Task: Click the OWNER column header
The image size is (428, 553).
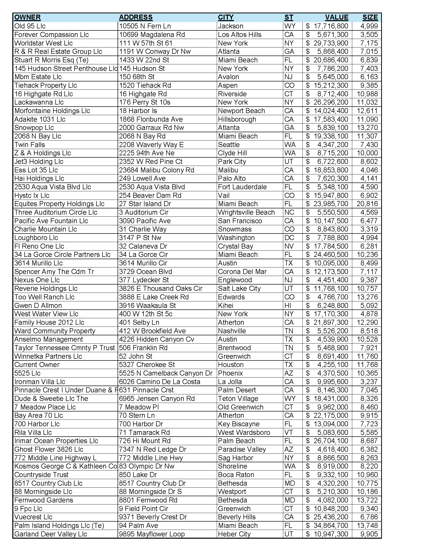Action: (x=27, y=17)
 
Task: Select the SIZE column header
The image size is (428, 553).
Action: (x=370, y=17)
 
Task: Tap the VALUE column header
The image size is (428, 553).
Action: (x=336, y=17)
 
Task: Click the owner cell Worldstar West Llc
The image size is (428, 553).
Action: (x=43, y=43)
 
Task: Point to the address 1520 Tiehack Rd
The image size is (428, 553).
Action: (x=145, y=85)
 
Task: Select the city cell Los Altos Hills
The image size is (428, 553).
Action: (x=240, y=34)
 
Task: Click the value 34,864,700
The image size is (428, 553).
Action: (x=331, y=525)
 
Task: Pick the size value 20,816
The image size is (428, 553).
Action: (x=367, y=204)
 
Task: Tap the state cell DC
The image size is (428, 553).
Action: (x=289, y=238)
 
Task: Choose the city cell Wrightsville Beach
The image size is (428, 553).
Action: (x=246, y=212)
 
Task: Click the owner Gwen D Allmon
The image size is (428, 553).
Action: (x=38, y=305)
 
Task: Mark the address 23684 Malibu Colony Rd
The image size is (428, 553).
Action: (x=156, y=170)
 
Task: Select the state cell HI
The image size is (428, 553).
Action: (x=288, y=305)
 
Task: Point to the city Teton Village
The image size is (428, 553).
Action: (x=238, y=399)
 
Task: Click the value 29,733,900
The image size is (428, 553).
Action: (x=331, y=43)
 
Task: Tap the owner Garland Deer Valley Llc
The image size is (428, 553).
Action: (x=51, y=534)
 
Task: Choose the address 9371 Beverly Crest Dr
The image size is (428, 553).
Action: (x=153, y=517)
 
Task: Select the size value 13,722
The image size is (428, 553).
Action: (x=367, y=500)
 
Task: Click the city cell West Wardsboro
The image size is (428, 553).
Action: (x=244, y=433)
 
